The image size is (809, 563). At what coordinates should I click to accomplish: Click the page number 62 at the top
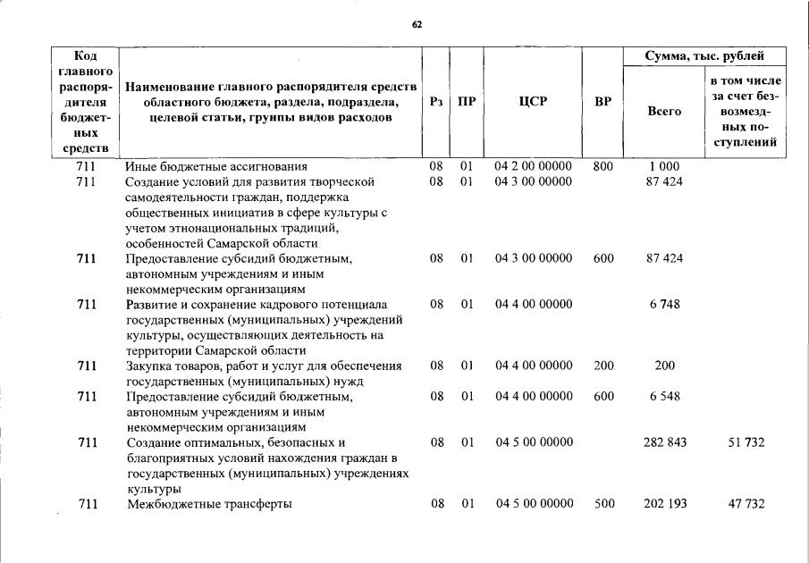(x=417, y=24)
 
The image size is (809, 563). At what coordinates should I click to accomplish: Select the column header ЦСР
(x=533, y=102)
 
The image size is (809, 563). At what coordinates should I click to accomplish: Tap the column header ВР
(x=603, y=102)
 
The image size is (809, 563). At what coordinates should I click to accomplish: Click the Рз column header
(x=436, y=102)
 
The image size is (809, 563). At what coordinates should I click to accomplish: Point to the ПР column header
(x=467, y=102)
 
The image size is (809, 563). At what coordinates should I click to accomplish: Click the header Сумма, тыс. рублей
(x=704, y=56)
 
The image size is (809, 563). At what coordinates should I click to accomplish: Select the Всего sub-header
(x=663, y=112)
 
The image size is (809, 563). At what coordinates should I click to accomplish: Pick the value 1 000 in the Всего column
(x=663, y=167)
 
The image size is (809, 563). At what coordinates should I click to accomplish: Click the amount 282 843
(x=665, y=442)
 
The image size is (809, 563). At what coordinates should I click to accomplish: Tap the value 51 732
(x=746, y=442)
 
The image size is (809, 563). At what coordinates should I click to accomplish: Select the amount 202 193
(x=665, y=504)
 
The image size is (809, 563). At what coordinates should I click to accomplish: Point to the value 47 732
(x=746, y=504)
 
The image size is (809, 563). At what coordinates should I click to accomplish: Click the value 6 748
(x=664, y=304)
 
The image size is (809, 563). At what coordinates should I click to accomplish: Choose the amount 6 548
(x=664, y=396)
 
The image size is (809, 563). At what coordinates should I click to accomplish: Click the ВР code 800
(x=603, y=167)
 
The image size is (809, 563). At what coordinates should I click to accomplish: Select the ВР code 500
(x=604, y=504)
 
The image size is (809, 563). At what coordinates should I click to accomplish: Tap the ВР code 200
(x=603, y=366)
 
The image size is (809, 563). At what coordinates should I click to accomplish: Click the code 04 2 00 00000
(x=533, y=167)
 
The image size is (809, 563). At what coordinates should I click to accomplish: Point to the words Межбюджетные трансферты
(x=209, y=504)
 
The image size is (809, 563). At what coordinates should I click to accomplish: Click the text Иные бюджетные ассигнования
(x=216, y=167)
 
